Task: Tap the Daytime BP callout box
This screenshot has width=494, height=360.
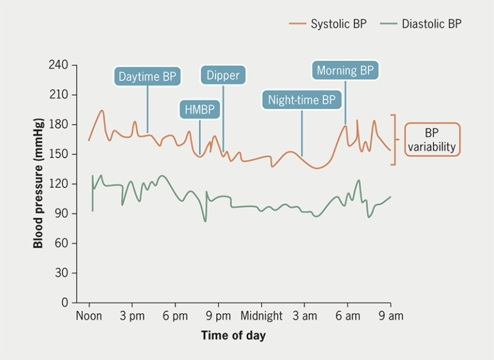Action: tap(147, 76)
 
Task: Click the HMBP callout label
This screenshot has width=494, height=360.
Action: tap(199, 110)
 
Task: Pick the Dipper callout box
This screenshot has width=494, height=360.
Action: tap(223, 75)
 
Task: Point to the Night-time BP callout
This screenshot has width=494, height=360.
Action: tap(302, 100)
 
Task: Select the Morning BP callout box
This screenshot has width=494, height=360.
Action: tap(345, 70)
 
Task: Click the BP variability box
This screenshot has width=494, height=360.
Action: tap(432, 140)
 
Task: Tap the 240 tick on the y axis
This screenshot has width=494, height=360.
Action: tap(59, 65)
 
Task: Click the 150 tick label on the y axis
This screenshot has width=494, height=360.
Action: tap(59, 154)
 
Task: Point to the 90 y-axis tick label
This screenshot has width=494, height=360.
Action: tap(61, 213)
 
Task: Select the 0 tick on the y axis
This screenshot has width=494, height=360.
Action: tap(64, 302)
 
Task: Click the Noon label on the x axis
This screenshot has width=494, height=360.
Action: tap(89, 316)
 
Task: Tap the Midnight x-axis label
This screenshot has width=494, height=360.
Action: tap(262, 316)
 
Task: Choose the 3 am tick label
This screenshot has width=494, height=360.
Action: tap(304, 316)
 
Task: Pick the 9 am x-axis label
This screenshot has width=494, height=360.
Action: tap(390, 316)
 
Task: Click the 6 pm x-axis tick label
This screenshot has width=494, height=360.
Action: tap(175, 316)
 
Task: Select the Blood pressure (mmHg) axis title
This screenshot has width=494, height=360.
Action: tap(38, 184)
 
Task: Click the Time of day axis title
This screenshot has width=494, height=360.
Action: tap(233, 336)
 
